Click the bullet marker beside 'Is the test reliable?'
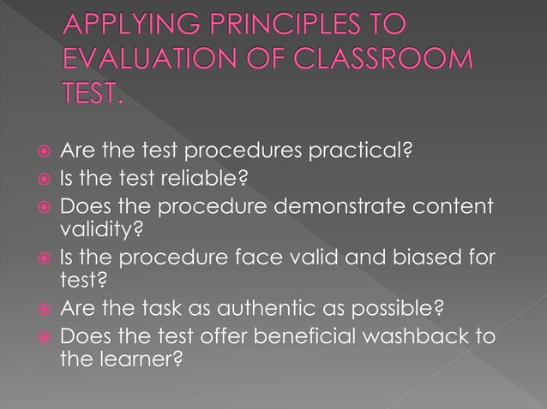click(x=42, y=180)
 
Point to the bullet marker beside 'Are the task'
click(x=42, y=306)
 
